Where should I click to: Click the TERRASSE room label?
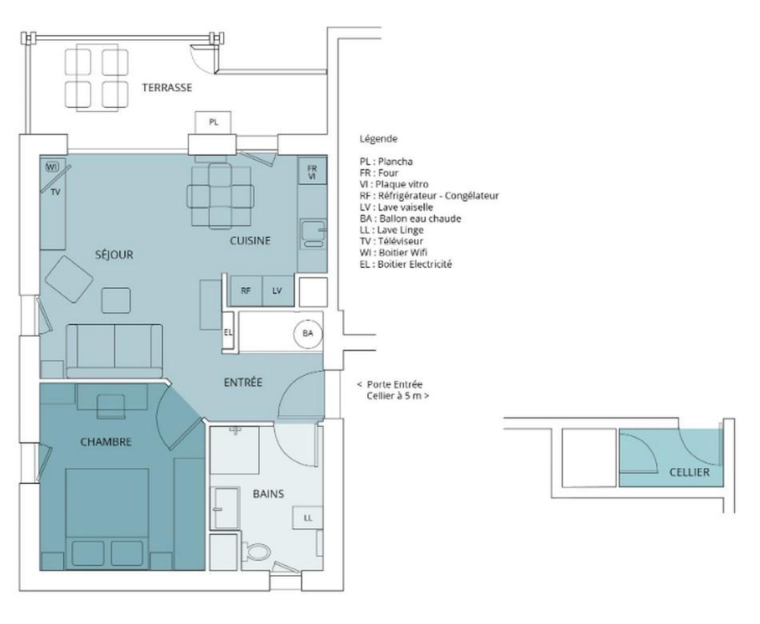[x=166, y=88]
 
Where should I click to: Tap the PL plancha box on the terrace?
[x=214, y=122]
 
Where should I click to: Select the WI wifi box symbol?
[x=52, y=167]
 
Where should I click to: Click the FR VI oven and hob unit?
[x=312, y=171]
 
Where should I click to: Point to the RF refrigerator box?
[x=246, y=291]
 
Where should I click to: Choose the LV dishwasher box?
[x=278, y=291]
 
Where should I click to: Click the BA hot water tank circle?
[x=308, y=334]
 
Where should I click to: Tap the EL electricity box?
[x=228, y=333]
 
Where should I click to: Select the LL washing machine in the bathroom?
[x=308, y=518]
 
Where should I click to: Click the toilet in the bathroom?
[x=257, y=551]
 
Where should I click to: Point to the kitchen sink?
[x=313, y=234]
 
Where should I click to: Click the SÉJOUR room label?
[x=114, y=255]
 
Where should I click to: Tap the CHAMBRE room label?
[x=106, y=442]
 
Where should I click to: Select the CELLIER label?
[x=690, y=472]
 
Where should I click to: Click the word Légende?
[x=378, y=139]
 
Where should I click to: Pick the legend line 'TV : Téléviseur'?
[x=391, y=242]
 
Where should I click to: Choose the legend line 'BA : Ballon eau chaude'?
[x=410, y=218]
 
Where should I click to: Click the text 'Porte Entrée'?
[x=394, y=385]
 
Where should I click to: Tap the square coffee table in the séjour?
[x=116, y=300]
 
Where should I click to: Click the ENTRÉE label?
[x=243, y=382]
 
